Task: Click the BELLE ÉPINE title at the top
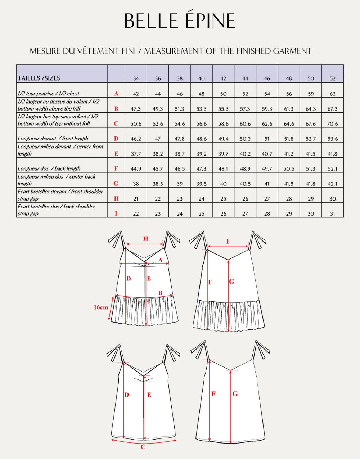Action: pyautogui.click(x=180, y=21)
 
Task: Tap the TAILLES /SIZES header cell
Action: pyautogui.click(x=39, y=78)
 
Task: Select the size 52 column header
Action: pyautogui.click(x=332, y=78)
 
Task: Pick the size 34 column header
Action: pyautogui.click(x=136, y=78)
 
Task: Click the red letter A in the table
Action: pyautogui.click(x=116, y=94)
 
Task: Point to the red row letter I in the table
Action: pyautogui.click(x=116, y=213)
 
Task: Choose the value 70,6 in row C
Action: pyautogui.click(x=332, y=123)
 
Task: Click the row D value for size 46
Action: pyautogui.click(x=267, y=139)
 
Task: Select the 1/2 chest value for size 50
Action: pyautogui.click(x=311, y=94)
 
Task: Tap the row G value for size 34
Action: pyautogui.click(x=136, y=184)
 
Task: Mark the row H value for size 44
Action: pyautogui.click(x=245, y=199)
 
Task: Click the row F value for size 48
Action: pyautogui.click(x=289, y=168)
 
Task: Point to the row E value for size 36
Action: pyautogui.click(x=158, y=154)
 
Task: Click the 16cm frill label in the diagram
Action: pyautogui.click(x=101, y=307)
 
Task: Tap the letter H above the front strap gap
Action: pyautogui.click(x=146, y=239)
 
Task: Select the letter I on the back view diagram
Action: pyautogui.click(x=228, y=242)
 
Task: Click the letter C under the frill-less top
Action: pyautogui.click(x=143, y=447)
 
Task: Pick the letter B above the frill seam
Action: pyautogui.click(x=161, y=293)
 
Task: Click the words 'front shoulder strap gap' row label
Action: pyautogui.click(x=60, y=195)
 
